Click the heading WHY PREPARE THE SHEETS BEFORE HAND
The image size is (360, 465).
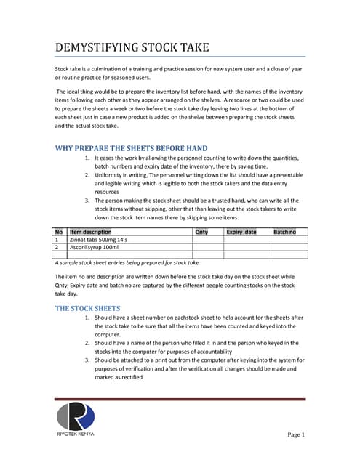click(x=132, y=148)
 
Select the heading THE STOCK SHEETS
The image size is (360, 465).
click(x=88, y=308)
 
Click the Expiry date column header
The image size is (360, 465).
click(x=241, y=232)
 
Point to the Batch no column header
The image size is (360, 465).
click(x=284, y=232)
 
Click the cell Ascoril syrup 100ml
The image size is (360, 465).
click(x=95, y=247)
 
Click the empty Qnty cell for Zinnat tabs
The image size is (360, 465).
click(x=207, y=239)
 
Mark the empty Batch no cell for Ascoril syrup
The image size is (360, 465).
click(x=289, y=247)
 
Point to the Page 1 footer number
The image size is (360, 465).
click(x=295, y=434)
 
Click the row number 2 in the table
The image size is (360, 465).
click(x=58, y=247)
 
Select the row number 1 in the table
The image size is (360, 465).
click(x=58, y=239)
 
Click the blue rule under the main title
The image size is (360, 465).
click(x=180, y=57)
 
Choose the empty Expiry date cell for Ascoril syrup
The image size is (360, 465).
click(x=247, y=247)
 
